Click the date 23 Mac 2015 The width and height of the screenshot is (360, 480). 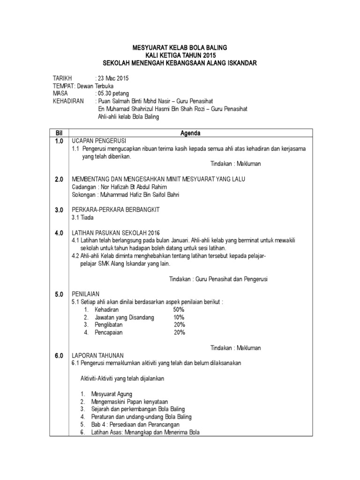pyautogui.click(x=112, y=78)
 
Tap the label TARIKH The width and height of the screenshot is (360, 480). pyautogui.click(x=62, y=78)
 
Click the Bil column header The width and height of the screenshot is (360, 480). pyautogui.click(x=59, y=134)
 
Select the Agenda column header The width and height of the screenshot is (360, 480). pyautogui.click(x=190, y=134)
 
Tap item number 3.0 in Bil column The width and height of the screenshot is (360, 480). pyautogui.click(x=59, y=210)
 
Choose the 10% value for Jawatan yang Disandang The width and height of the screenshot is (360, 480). pyautogui.click(x=179, y=317)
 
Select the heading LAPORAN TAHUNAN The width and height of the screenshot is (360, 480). pyautogui.click(x=97, y=356)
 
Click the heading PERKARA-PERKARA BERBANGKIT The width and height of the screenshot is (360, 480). pyautogui.click(x=115, y=210)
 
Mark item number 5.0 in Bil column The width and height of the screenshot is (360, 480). pyautogui.click(x=59, y=294)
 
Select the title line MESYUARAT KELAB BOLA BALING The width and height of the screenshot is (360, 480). pyautogui.click(x=180, y=47)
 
